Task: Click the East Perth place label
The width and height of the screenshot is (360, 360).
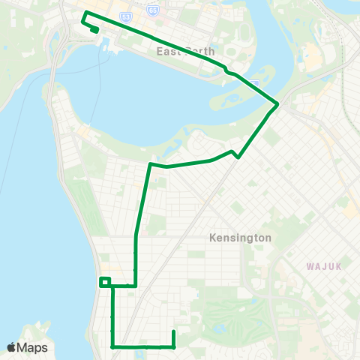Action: coord(185,51)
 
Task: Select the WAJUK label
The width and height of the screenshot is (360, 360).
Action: coord(323,265)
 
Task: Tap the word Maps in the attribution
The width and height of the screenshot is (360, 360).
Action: coord(34,347)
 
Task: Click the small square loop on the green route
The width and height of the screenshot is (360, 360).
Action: coord(105,282)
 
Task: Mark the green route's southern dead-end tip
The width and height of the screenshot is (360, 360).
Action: coord(173,331)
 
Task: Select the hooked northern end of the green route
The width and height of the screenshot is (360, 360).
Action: coord(96,29)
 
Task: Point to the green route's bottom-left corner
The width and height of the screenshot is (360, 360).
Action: coord(112,347)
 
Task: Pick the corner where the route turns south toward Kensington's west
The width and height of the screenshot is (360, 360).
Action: coord(151,163)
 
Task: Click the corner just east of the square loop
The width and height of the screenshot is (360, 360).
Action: coord(135,286)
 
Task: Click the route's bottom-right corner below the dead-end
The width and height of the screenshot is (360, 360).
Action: coord(173,347)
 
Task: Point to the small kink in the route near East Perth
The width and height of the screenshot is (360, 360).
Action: coord(226,71)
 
